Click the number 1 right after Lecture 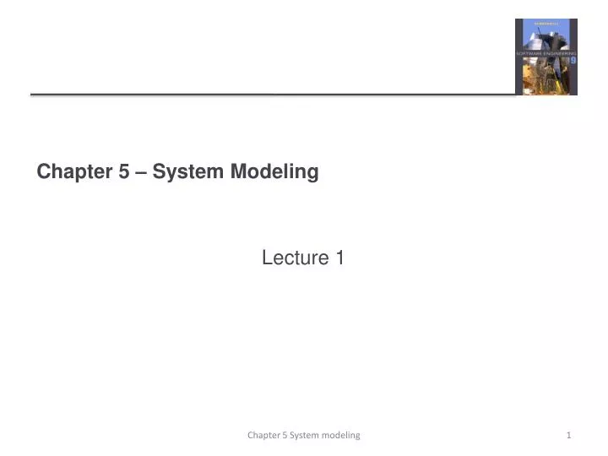point(339,258)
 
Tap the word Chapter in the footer point(263,435)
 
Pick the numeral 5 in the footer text point(284,435)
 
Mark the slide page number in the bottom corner point(569,435)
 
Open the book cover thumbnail point(546,57)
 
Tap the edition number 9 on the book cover point(573,61)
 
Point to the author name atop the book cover point(546,25)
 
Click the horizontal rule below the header point(270,95)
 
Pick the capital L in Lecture point(267,258)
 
